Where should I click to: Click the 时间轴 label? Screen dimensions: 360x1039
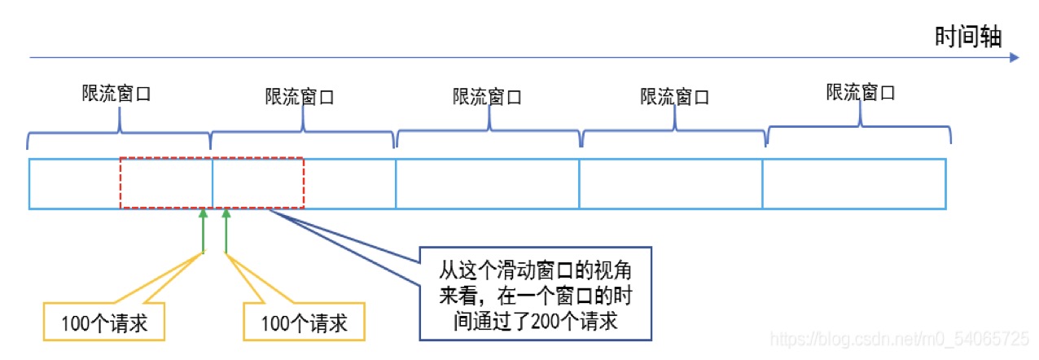(968, 37)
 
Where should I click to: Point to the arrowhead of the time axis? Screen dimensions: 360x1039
(1014, 58)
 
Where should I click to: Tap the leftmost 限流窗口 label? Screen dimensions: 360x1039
(116, 93)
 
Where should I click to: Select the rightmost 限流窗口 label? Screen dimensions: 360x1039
(861, 92)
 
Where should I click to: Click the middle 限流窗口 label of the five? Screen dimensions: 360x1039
(487, 97)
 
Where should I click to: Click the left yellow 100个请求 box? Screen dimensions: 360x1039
(103, 323)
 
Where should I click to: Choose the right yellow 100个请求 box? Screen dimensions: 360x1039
(304, 323)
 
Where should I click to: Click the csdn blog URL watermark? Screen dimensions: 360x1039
(899, 337)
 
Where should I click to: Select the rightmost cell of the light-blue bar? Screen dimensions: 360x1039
(853, 184)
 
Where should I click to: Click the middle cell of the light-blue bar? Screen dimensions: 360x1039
(487, 184)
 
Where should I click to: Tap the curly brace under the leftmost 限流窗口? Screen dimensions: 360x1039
(120, 134)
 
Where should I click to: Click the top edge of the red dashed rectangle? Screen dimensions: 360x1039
(212, 159)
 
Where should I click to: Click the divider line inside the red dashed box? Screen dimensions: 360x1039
(212, 184)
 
